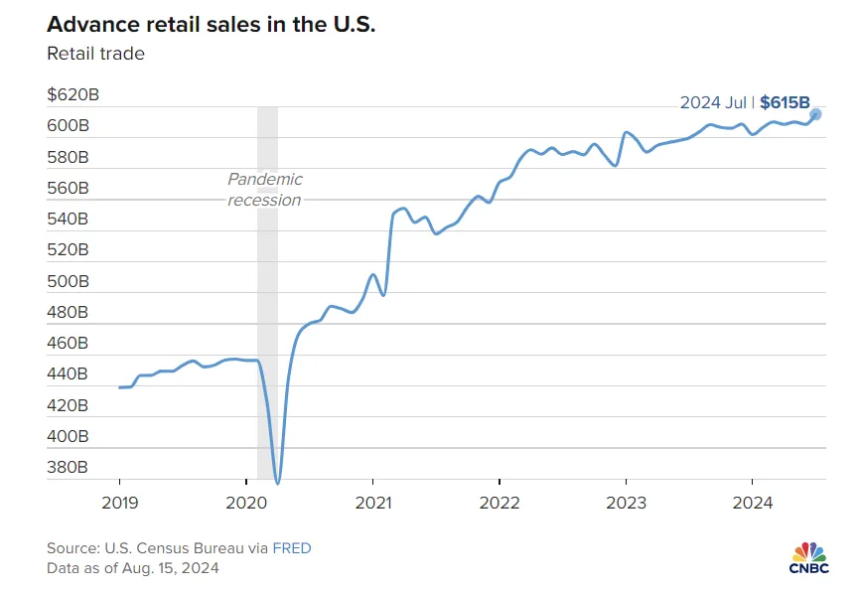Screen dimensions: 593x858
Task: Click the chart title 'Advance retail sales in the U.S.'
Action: [211, 24]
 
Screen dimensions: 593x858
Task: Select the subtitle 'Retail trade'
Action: [95, 54]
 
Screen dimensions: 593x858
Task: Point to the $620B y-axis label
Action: [72, 95]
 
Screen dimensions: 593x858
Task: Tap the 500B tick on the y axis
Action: [68, 281]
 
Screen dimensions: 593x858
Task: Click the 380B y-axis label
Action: [68, 467]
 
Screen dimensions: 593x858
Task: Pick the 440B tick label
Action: [68, 374]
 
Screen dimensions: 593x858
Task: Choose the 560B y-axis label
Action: [68, 188]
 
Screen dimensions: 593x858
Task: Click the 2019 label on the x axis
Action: [119, 503]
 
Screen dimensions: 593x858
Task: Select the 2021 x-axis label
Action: [372, 503]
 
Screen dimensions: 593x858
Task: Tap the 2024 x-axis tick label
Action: [752, 503]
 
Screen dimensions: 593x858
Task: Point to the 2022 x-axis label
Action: [499, 503]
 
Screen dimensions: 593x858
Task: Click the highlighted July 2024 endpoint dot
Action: [815, 114]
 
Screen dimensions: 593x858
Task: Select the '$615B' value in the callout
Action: [785, 101]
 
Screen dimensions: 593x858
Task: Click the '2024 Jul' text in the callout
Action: [713, 101]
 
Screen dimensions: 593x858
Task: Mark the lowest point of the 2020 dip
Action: [277, 483]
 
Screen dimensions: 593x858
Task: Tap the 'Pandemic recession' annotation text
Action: [264, 189]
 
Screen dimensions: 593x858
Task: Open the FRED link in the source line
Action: [293, 548]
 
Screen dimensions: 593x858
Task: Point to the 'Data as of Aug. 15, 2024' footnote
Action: [133, 568]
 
